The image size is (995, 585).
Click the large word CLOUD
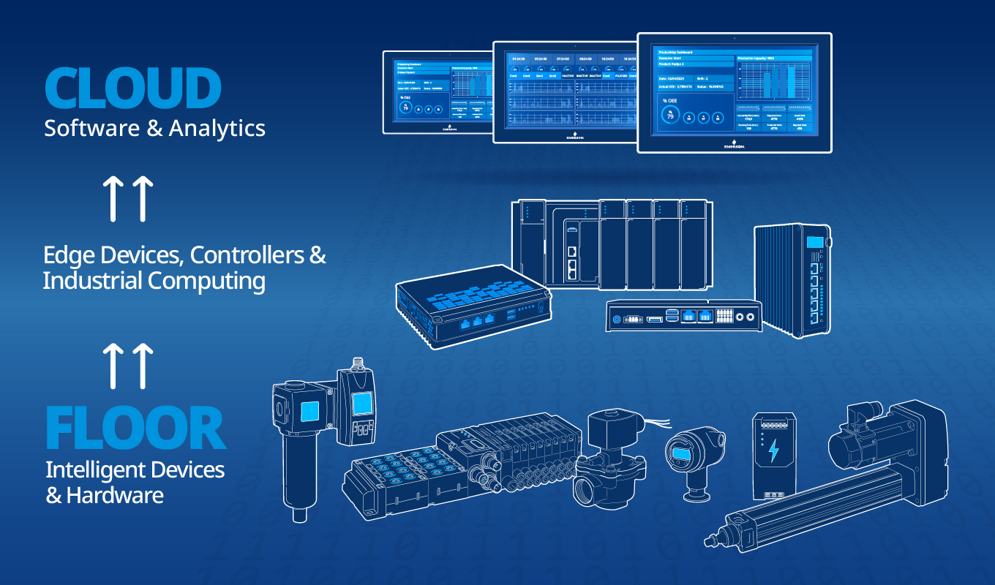[132, 88]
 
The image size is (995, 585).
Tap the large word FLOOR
[135, 429]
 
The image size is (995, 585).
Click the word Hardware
[115, 495]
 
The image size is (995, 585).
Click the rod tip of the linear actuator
[708, 542]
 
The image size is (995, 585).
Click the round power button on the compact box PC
[616, 319]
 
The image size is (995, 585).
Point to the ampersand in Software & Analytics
[154, 129]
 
